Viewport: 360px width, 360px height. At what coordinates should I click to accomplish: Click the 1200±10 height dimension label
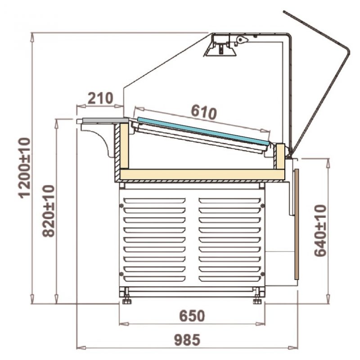pyautogui.click(x=24, y=167)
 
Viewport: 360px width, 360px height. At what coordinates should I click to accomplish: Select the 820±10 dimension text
pyautogui.click(x=48, y=211)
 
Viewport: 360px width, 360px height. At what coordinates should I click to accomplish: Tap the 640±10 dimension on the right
pyautogui.click(x=320, y=230)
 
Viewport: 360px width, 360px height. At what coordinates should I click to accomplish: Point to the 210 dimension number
pyautogui.click(x=100, y=98)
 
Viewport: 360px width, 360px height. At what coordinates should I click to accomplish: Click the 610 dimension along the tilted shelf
pyautogui.click(x=204, y=112)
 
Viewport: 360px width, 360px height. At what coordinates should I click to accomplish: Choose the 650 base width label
pyautogui.click(x=192, y=316)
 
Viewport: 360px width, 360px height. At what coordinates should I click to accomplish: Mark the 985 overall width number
pyautogui.click(x=187, y=340)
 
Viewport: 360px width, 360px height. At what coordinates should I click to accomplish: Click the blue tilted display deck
pyautogui.click(x=203, y=131)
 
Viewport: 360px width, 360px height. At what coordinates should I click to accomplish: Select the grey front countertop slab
pyautogui.click(x=105, y=120)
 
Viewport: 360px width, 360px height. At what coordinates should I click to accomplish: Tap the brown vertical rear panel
pyautogui.click(x=297, y=224)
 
